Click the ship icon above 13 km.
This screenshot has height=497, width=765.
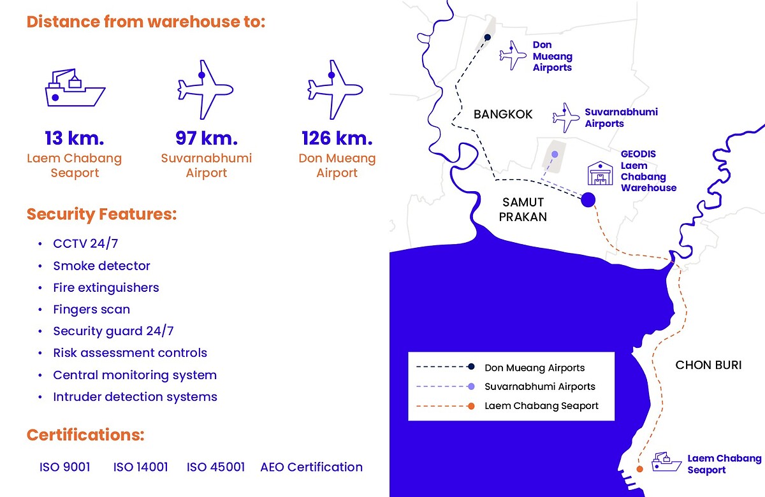coord(75,88)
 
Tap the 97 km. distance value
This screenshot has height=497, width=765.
coord(207,138)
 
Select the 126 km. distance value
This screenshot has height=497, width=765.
coord(337,138)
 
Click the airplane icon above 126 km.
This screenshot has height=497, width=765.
coord(335,90)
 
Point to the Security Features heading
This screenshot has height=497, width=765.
coord(102,214)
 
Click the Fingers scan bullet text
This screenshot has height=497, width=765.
coord(92,309)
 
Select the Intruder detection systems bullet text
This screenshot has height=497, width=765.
coord(135,396)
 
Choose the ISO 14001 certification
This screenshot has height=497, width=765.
coord(140,467)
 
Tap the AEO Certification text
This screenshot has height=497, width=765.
coord(312,467)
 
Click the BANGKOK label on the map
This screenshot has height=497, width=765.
coord(503,114)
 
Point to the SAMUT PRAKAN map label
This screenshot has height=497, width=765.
coord(523,209)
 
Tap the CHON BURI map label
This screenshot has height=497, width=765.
coord(708,365)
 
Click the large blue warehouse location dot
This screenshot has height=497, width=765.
coord(588,199)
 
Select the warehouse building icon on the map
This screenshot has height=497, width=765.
coord(600,173)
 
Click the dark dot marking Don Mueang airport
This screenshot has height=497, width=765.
coord(488,37)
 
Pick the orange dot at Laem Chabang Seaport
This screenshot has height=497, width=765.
coord(639,470)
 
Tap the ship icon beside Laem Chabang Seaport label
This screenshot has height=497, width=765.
coord(666,462)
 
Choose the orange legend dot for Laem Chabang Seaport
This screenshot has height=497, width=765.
coord(471,407)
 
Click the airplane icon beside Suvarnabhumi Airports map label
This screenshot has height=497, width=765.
coord(566,118)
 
